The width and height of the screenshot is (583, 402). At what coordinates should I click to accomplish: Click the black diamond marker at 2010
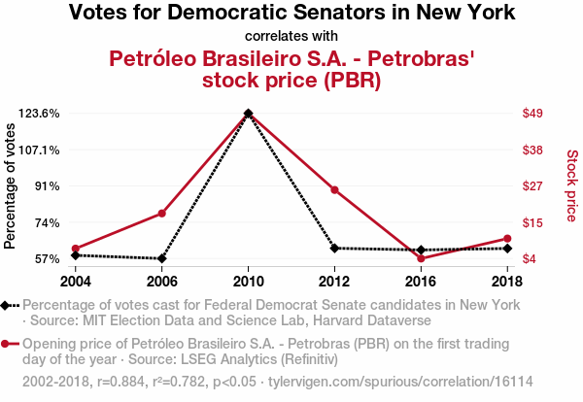coord(249,114)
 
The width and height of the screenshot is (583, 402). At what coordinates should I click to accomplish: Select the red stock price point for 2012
coord(334,189)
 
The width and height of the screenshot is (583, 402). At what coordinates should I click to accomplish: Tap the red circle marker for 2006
coord(162,214)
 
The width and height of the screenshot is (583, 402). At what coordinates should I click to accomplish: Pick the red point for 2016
coord(421,258)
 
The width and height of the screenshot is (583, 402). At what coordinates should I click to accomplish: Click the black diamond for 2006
coord(162,258)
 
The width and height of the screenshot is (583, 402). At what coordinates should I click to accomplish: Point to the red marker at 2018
coord(507,238)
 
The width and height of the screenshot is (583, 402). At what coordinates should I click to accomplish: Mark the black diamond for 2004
coord(76,254)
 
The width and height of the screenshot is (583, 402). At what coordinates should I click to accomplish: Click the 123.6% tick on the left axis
coord(40,114)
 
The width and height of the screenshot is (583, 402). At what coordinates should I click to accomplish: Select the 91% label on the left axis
coord(47,186)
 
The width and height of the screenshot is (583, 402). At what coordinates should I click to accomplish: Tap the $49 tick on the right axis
coord(532,114)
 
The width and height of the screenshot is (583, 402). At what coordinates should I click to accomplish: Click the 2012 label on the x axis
coord(334,281)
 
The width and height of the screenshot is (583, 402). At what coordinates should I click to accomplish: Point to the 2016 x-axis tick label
coord(421,281)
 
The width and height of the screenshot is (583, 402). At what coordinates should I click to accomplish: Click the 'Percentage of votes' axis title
coord(11,186)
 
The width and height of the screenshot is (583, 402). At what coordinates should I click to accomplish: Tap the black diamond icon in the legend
coord(7,305)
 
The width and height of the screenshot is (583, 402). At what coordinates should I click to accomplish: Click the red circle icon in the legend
coord(7,344)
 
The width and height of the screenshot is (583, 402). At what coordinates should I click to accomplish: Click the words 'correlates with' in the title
coord(291,37)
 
